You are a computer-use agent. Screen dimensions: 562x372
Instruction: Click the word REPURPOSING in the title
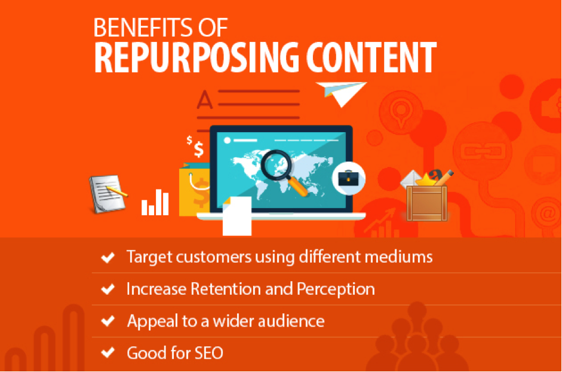(196, 57)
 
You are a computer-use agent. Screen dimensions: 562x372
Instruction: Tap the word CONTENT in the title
(371, 57)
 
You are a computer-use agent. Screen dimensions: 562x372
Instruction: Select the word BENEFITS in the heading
(137, 28)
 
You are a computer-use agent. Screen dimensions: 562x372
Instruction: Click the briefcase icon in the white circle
(349, 178)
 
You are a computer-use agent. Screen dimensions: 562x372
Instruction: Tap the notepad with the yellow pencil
(108, 194)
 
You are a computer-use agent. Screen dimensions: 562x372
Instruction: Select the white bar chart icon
(155, 203)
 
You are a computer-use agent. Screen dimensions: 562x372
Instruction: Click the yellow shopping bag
(194, 190)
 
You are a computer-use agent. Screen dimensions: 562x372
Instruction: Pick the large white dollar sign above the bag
(198, 149)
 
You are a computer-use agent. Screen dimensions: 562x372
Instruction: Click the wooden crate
(427, 203)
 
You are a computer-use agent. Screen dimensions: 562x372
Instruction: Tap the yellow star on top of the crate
(425, 179)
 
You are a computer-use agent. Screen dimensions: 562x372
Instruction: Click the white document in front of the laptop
(237, 216)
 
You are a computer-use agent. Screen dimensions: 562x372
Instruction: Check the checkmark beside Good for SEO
(108, 353)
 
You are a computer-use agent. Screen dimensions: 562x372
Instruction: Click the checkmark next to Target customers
(108, 257)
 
